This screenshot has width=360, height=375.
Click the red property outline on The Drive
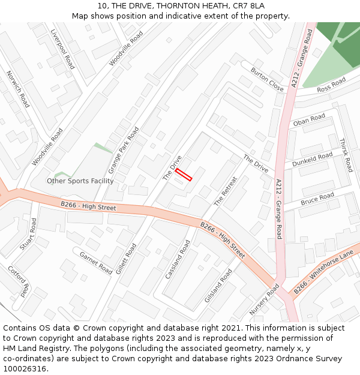coord(184,175)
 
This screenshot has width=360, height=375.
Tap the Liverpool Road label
coord(62,49)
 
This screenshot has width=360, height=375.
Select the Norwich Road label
coord(17,89)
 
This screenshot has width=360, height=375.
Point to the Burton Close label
coord(267,79)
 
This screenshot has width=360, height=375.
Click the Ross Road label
coord(331,85)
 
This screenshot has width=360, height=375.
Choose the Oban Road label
coord(309,120)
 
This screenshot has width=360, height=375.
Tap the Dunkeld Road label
coord(312,160)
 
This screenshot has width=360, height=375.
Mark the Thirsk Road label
coord(346,155)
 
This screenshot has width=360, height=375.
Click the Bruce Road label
coord(317,199)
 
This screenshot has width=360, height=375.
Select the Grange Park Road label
coord(124,150)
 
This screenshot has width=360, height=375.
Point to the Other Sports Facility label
coord(80,181)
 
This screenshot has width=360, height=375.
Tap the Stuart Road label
coord(28,234)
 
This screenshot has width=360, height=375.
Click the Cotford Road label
coord(18,281)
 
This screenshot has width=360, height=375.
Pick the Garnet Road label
coord(96,263)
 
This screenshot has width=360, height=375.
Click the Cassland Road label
coord(178,259)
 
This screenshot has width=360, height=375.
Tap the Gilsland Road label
coord(217,286)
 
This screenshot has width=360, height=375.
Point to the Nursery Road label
coord(264,300)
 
